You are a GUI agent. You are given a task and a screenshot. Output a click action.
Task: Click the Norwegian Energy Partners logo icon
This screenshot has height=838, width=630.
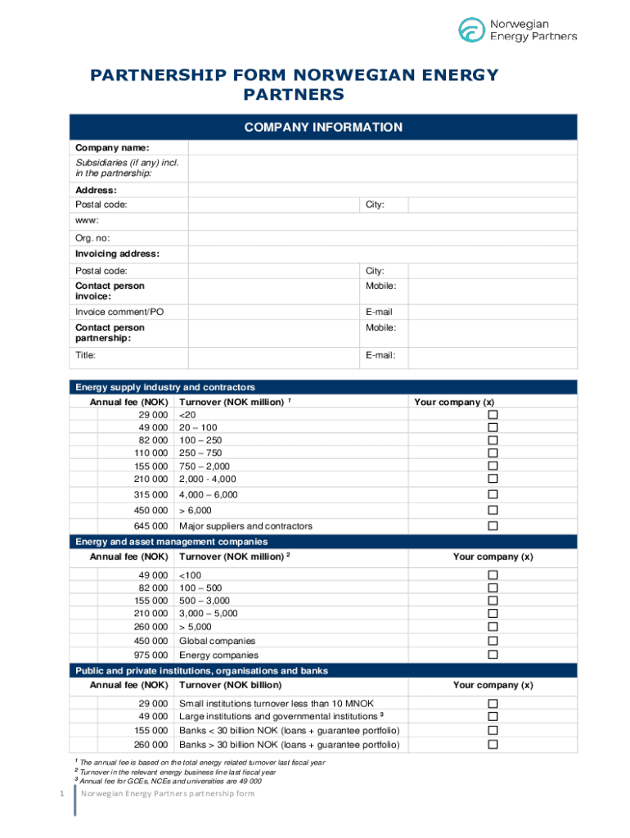[471, 30]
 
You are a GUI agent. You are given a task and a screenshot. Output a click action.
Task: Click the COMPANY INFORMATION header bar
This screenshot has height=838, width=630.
[323, 128]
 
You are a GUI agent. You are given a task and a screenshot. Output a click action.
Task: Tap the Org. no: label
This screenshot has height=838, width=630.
[92, 238]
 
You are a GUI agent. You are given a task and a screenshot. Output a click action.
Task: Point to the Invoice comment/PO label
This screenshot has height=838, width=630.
[119, 312]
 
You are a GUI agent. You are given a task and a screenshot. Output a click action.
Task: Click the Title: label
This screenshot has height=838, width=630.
[86, 355]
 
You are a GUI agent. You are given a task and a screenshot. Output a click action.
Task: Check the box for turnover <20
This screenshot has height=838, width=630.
[493, 414]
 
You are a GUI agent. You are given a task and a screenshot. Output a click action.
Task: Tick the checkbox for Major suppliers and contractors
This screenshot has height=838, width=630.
[493, 526]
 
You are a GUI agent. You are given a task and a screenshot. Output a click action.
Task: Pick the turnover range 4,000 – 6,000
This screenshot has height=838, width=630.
[208, 495]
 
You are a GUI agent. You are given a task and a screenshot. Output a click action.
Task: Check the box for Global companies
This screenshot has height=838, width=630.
[493, 641]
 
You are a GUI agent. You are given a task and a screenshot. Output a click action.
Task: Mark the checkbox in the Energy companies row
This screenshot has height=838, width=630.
[493, 656]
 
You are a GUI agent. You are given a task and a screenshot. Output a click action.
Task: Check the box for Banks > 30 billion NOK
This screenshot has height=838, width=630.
[493, 745]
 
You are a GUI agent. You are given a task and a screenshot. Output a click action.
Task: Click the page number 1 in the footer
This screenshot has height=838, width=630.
[50, 795]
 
